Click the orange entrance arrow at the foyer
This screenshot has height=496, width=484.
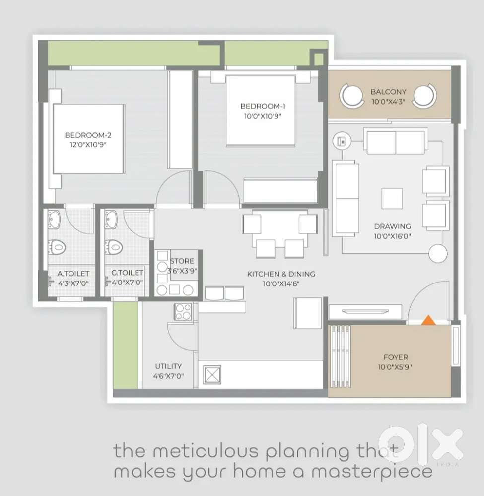click(x=428, y=320)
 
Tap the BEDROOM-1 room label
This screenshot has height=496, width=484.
click(x=263, y=106)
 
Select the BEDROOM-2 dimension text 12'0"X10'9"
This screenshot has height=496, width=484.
click(x=88, y=145)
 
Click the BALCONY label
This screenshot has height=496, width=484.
click(x=388, y=92)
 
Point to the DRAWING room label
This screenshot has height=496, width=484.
click(x=392, y=226)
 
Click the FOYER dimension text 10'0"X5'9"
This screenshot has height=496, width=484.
click(x=395, y=367)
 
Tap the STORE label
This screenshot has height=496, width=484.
click(x=182, y=261)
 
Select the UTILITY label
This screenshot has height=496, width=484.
click(x=168, y=366)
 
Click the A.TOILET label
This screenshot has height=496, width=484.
click(x=73, y=274)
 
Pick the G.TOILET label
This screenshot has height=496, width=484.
click(x=127, y=273)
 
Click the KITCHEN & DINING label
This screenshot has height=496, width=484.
click(x=281, y=274)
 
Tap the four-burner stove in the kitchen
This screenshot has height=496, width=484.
click(x=183, y=312)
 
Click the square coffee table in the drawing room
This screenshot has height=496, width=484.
click(x=392, y=199)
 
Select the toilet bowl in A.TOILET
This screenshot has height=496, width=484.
click(x=57, y=247)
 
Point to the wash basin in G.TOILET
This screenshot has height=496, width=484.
click(x=111, y=219)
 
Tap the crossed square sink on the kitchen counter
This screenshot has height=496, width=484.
click(x=212, y=375)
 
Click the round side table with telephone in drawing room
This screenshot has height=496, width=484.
click(x=342, y=141)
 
